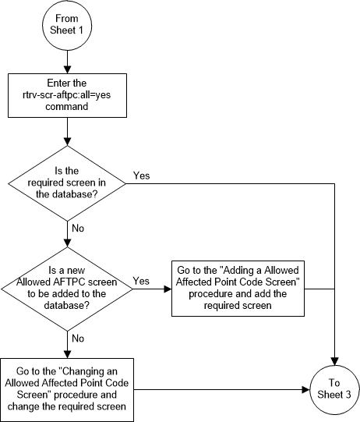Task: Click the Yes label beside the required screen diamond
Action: tap(142, 175)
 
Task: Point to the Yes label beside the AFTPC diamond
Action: tap(142, 280)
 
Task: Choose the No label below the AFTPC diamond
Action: tap(78, 339)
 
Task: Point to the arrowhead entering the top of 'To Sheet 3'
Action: tap(335, 360)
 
